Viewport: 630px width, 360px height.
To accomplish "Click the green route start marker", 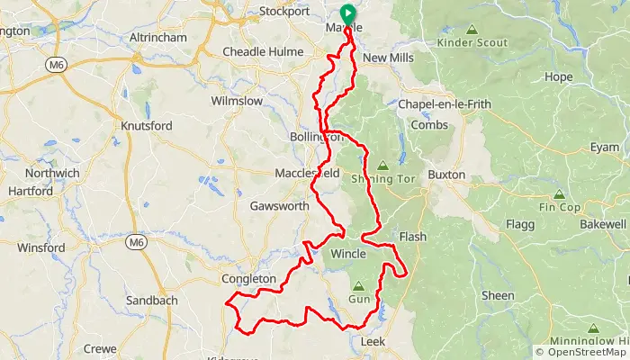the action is pyautogui.click(x=346, y=13).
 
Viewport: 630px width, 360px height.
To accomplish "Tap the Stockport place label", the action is pyautogui.click(x=283, y=12).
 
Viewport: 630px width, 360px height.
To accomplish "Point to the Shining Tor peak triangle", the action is pyautogui.click(x=383, y=166).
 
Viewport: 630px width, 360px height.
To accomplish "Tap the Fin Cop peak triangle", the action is pyautogui.click(x=559, y=193).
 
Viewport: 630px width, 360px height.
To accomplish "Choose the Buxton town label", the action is pyautogui.click(x=447, y=175).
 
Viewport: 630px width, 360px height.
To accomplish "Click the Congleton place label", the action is pyautogui.click(x=249, y=279).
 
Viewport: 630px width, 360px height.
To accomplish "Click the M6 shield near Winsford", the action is pyautogui.click(x=136, y=242).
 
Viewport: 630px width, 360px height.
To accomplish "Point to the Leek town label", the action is pyautogui.click(x=373, y=342).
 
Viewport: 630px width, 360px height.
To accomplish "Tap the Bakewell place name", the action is pyautogui.click(x=602, y=222).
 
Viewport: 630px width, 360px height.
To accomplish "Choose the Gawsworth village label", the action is pyautogui.click(x=279, y=206).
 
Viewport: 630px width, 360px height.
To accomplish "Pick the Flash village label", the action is pyautogui.click(x=413, y=238).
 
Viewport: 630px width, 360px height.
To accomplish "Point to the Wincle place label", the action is pyautogui.click(x=349, y=254).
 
